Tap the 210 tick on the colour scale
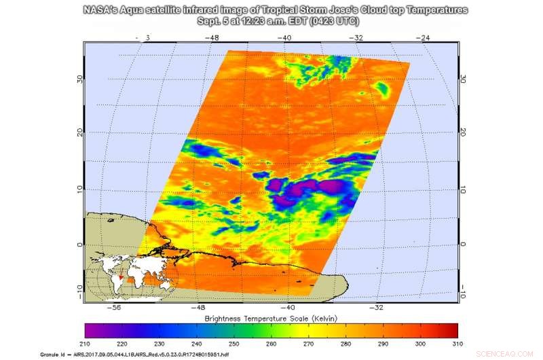click(87, 344)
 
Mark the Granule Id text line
click(143, 355)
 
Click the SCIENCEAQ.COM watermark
click(512, 354)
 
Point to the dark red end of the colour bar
click(454, 330)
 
